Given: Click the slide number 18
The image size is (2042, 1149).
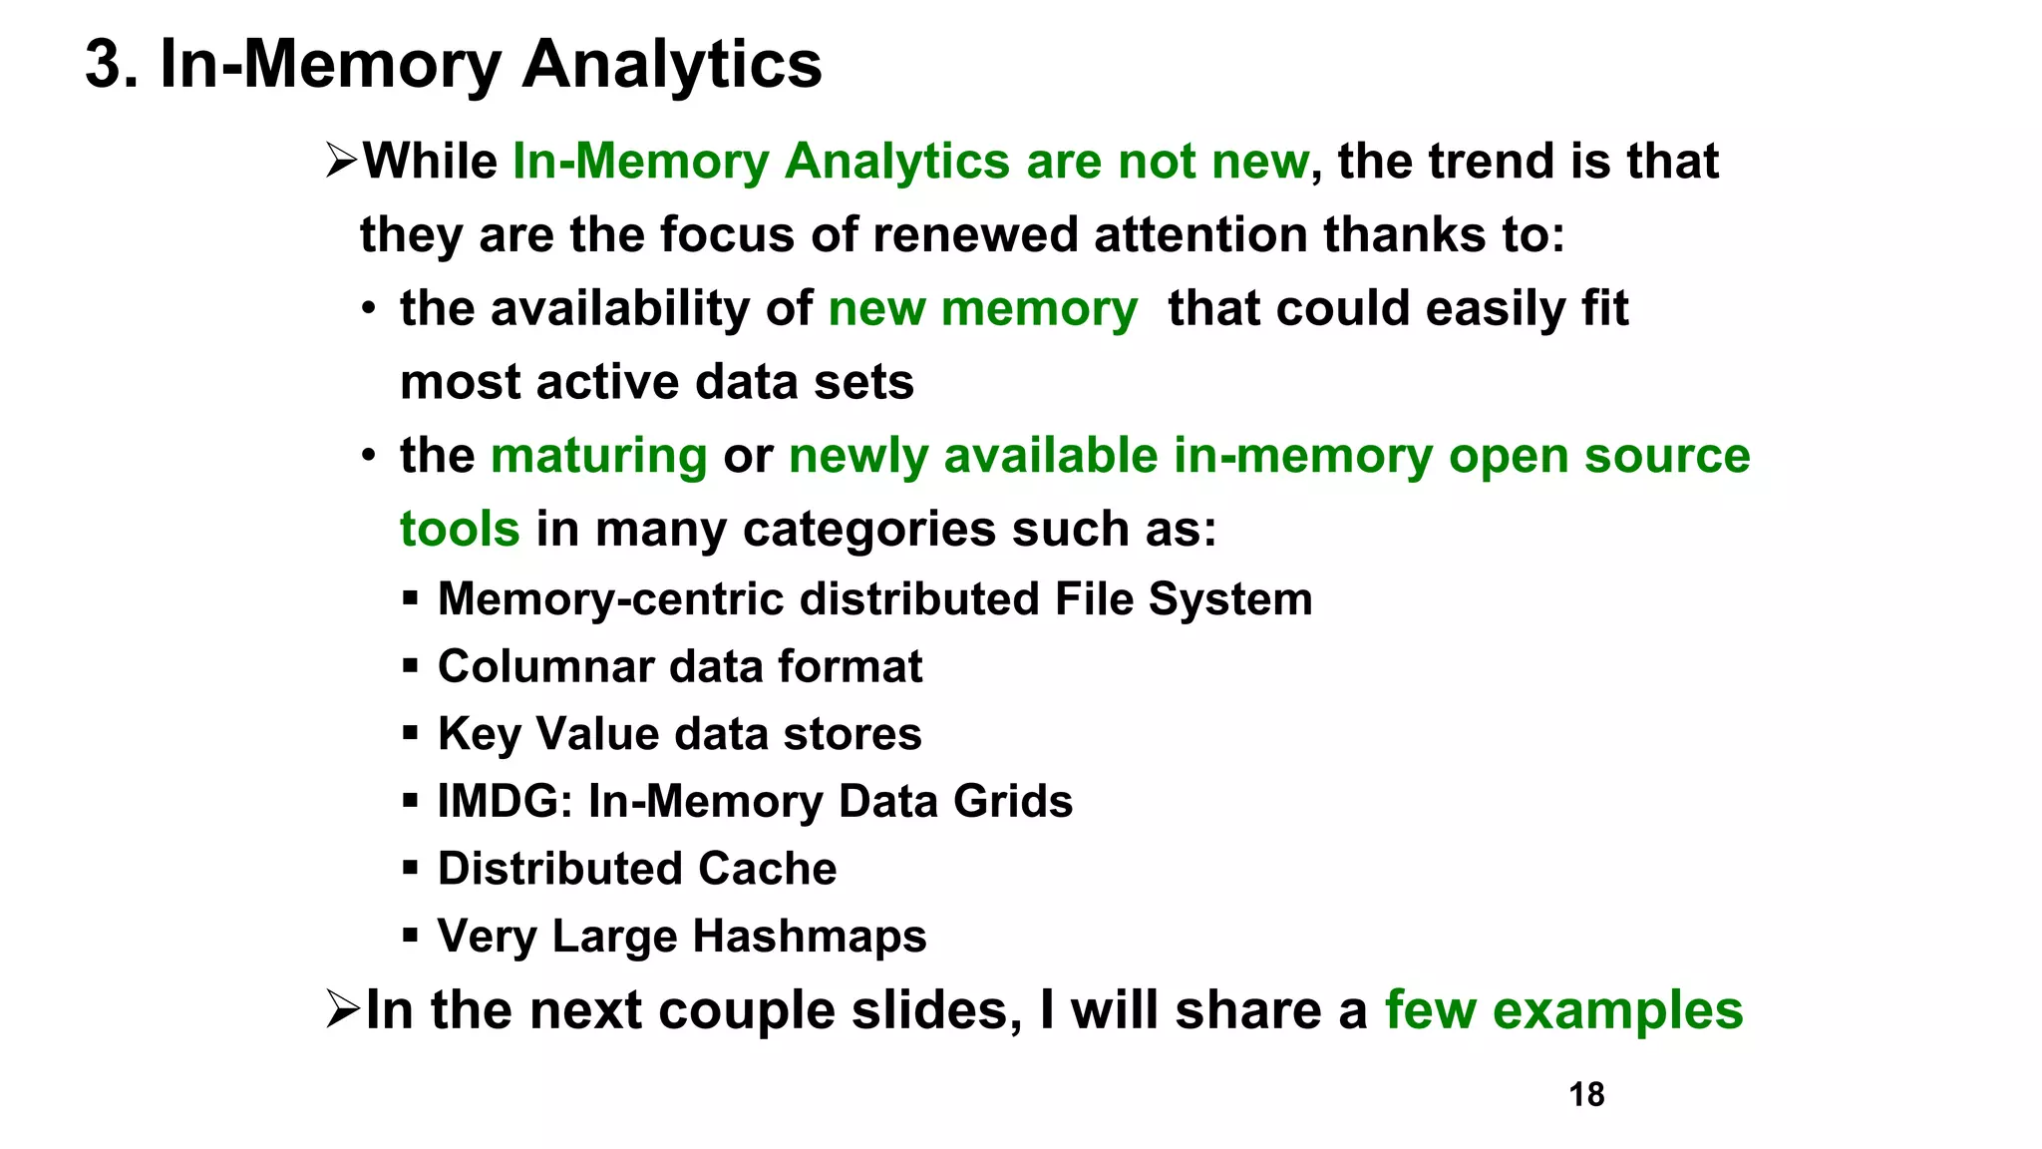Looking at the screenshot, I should click(x=1586, y=1094).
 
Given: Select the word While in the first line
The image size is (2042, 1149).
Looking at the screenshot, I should click(x=430, y=162).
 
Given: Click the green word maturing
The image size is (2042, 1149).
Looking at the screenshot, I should click(x=598, y=456).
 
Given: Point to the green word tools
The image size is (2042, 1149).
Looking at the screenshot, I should click(x=460, y=529).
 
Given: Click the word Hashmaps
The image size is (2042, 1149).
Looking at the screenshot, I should click(x=810, y=937).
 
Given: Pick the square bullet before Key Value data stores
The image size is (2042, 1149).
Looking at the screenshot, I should click(x=410, y=734).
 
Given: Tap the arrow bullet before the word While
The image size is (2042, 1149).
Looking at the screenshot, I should click(x=341, y=161).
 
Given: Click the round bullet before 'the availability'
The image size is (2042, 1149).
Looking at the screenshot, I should click(x=369, y=309).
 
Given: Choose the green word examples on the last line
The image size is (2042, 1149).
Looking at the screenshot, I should click(x=1617, y=1010).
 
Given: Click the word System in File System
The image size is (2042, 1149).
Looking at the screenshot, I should click(x=1229, y=599).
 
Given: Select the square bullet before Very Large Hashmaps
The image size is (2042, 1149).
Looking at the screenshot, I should click(x=410, y=937).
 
